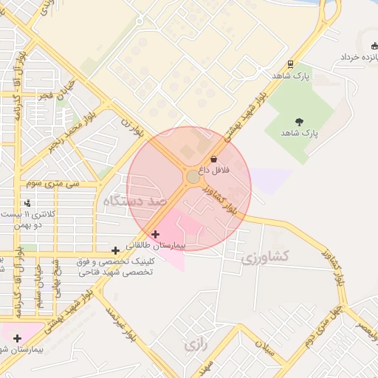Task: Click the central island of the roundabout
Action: point(193,177)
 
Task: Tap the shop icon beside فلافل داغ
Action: point(213,159)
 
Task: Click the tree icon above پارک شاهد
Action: point(299,122)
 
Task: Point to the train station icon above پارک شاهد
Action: point(291,64)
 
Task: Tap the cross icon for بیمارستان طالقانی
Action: point(155,234)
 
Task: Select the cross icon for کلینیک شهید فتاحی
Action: point(115,251)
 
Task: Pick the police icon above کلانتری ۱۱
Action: point(28,202)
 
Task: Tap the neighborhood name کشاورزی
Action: point(266,256)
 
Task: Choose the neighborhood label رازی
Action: point(194,344)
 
